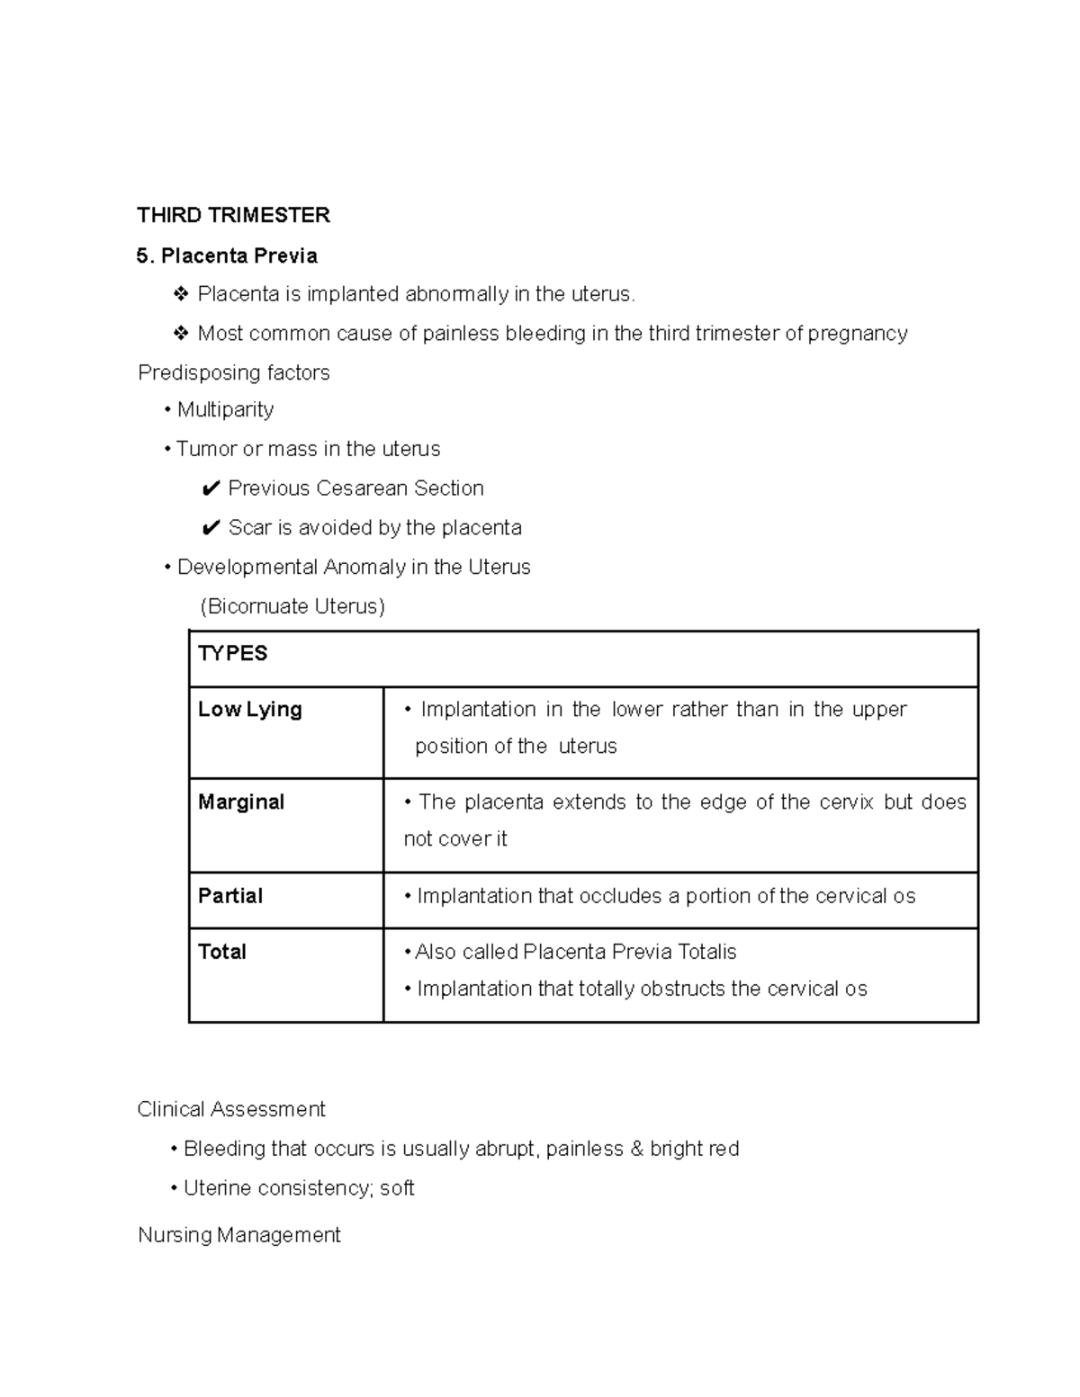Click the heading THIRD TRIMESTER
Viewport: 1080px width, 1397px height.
[x=233, y=215]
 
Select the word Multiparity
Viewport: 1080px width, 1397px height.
[x=225, y=410]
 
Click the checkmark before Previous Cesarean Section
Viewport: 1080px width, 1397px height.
[x=211, y=488]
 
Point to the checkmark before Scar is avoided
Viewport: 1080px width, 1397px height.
[x=211, y=528]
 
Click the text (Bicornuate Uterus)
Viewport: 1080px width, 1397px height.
[x=292, y=606]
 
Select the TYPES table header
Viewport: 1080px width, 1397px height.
[x=232, y=654]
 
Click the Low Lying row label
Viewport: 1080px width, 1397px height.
[x=249, y=710]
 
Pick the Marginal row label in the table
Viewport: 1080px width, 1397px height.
[x=240, y=802]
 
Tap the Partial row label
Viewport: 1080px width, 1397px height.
[x=229, y=896]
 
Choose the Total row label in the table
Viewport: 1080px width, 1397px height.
[x=221, y=952]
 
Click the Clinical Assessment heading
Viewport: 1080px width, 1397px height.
[x=230, y=1109]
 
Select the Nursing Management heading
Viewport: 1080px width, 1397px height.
[x=238, y=1235]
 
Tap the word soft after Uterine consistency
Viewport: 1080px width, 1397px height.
[x=397, y=1188]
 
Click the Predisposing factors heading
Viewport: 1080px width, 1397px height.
[x=233, y=372]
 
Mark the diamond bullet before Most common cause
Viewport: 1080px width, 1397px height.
[x=181, y=334]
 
